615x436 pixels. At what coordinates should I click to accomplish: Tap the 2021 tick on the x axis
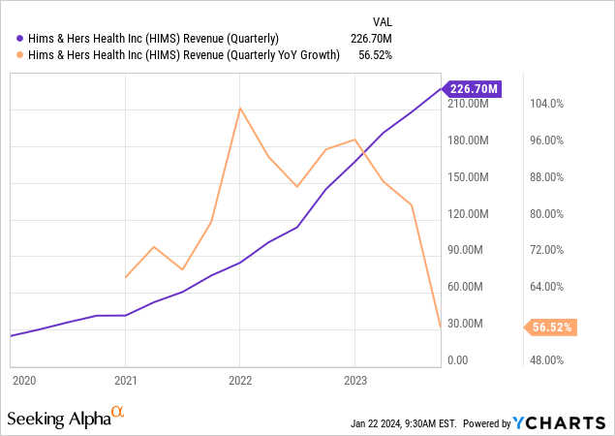click(126, 381)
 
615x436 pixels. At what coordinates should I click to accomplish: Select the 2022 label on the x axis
click(240, 381)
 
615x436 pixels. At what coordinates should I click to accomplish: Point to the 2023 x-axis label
click(354, 381)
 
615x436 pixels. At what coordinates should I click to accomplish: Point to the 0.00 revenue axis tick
click(459, 360)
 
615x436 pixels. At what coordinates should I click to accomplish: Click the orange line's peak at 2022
click(240, 108)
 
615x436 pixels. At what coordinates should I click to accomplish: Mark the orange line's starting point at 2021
click(126, 278)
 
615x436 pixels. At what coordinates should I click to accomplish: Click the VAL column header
click(384, 21)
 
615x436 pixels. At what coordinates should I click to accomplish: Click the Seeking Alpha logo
click(66, 419)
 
